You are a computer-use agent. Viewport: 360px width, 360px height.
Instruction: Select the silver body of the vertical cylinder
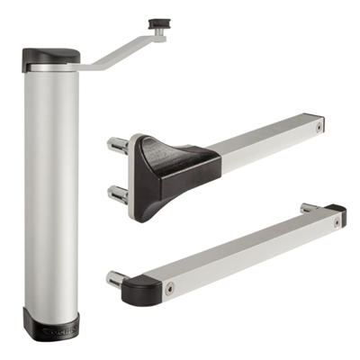pos(51,189)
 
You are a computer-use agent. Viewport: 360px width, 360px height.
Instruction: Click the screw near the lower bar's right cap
pos(325,221)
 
